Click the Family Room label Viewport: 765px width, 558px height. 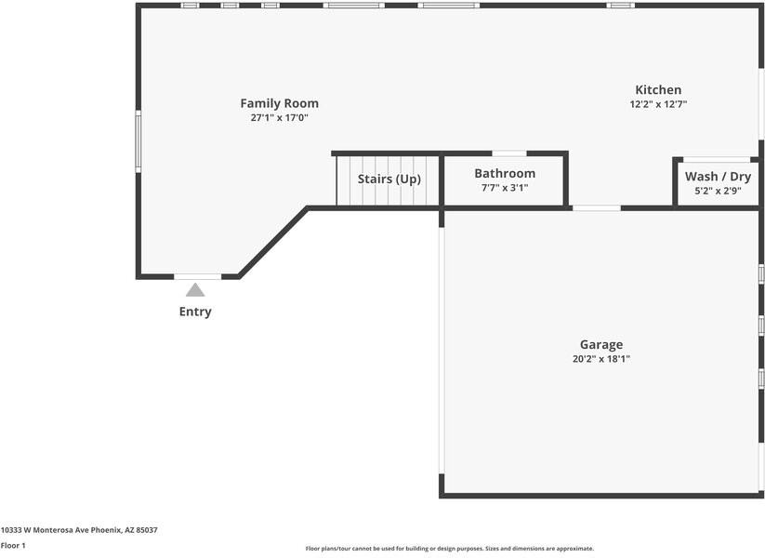[279, 103]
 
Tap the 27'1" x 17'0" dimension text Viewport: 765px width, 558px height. [279, 118]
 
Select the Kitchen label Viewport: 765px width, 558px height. [658, 90]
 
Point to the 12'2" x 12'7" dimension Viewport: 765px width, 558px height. [658, 105]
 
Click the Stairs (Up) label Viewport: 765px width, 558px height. [389, 179]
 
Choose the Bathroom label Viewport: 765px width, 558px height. [505, 173]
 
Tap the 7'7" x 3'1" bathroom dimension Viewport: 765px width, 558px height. [505, 188]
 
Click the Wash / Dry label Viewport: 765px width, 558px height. [718, 177]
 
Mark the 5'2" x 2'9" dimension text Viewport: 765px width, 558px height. [718, 192]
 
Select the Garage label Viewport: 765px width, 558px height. [601, 344]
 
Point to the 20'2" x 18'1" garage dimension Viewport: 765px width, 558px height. [601, 359]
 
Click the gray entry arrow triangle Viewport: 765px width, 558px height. [195, 290]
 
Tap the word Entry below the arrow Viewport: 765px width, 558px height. [195, 312]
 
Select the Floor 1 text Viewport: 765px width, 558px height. [13, 546]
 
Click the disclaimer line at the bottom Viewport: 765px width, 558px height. [450, 549]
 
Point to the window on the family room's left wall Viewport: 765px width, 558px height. [138, 141]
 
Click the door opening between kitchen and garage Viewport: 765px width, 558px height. [596, 207]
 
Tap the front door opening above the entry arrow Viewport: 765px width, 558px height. [197, 276]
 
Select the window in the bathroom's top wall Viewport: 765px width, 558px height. [508, 153]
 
